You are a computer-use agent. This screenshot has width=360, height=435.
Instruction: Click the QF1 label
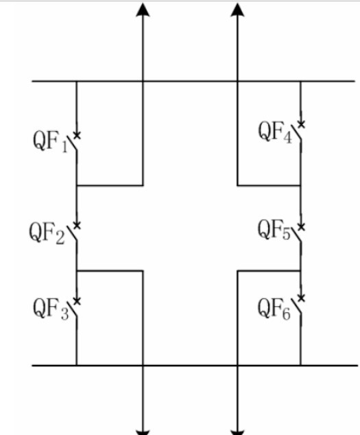tap(50, 143)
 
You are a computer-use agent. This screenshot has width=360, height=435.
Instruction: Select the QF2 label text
tap(47, 233)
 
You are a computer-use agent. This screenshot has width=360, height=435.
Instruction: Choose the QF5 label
tap(274, 229)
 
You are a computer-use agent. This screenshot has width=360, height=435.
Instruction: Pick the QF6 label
tap(274, 309)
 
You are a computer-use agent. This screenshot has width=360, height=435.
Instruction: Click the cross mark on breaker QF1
tap(77, 135)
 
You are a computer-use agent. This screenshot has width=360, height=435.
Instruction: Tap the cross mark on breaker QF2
tap(77, 225)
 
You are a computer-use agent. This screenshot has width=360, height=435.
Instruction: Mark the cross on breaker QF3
tap(77, 301)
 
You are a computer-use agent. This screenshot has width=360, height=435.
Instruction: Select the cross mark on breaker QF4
tap(301, 124)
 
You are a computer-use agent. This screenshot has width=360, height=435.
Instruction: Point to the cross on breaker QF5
tap(301, 227)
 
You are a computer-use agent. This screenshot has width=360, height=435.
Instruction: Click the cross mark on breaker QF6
tap(301, 298)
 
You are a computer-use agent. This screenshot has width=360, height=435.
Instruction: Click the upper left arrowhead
tap(143, 10)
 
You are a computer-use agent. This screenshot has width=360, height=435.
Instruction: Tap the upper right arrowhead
tap(238, 10)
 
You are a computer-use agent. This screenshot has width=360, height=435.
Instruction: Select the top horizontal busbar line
tap(193, 81)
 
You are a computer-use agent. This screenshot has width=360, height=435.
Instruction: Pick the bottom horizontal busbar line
tap(195, 366)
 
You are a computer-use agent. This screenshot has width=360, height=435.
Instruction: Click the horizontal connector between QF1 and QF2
tap(110, 185)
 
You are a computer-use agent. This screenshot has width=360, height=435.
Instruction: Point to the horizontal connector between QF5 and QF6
tap(269, 270)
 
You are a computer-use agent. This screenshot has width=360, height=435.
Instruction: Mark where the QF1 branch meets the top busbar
tap(77, 81)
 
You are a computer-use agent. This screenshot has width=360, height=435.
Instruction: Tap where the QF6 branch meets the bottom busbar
tap(300, 366)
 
